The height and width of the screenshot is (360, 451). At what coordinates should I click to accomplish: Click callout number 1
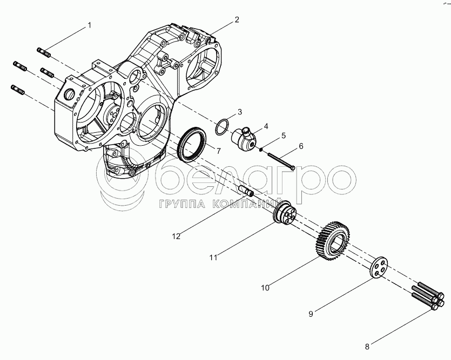(90, 25)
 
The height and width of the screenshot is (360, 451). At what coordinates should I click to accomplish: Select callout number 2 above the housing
(237, 19)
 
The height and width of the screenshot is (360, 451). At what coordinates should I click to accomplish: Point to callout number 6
(301, 146)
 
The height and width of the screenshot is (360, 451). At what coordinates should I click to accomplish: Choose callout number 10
(265, 288)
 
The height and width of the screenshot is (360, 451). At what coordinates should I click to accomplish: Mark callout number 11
(214, 257)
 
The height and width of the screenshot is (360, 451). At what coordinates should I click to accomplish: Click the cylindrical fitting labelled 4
(244, 138)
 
